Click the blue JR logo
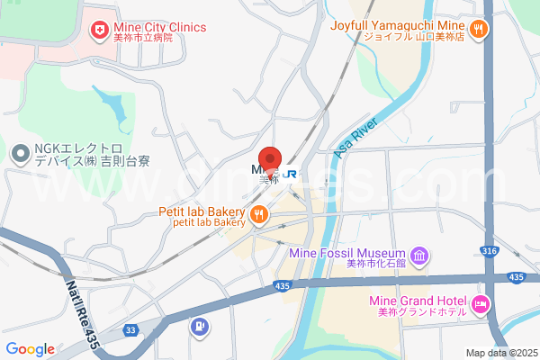[291, 173]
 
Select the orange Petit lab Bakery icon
[258, 213]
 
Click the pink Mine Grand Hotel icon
[481, 304]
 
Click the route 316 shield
[490, 251]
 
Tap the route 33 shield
[130, 330]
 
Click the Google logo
[30, 349]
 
